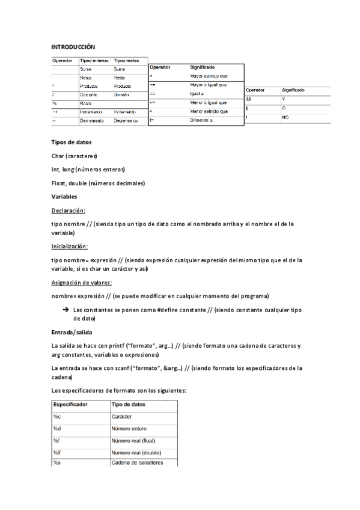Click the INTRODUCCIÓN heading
[73, 46]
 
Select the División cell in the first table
[123, 95]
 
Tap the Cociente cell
[89, 95]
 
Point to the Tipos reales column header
[126, 61]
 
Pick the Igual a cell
[198, 94]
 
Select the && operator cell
[249, 99]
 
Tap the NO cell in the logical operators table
[285, 117]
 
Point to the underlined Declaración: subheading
[69, 210]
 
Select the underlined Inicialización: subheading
[70, 247]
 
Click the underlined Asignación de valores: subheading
[82, 283]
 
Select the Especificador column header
[71, 404]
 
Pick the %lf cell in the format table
[57, 452]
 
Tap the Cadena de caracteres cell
[136, 462]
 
